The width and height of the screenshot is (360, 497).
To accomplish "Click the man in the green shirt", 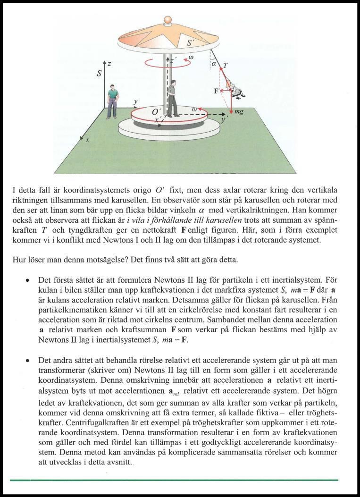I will [112, 101].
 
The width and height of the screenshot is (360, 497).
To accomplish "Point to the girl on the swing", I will [234, 89].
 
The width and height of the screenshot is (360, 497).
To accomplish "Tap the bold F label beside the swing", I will [216, 91].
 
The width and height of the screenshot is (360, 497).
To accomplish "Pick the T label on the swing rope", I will [226, 66].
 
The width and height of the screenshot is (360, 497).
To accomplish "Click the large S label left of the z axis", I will [99, 74].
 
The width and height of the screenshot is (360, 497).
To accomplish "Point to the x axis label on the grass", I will [88, 140].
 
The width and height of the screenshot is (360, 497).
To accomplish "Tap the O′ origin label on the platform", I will [156, 112].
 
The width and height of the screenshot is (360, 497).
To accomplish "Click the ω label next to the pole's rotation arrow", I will [191, 58].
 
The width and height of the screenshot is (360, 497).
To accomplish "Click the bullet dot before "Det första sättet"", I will [29, 280].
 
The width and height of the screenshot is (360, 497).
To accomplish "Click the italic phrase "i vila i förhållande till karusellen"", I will [184, 220].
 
